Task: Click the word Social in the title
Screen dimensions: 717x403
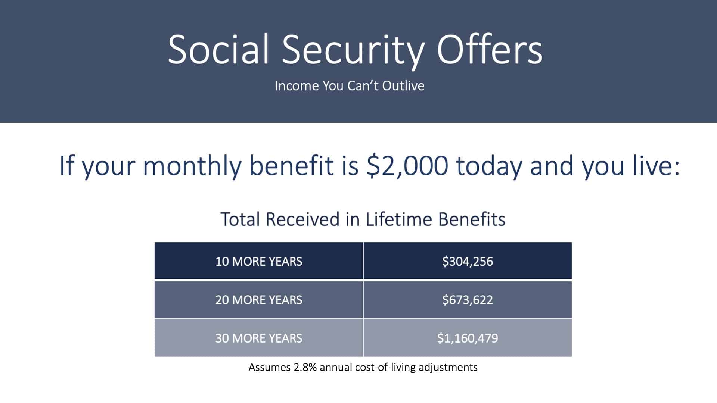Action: coord(218,50)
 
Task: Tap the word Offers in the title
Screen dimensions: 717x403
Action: coord(490,49)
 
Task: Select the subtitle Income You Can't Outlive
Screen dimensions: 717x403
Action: coord(350,86)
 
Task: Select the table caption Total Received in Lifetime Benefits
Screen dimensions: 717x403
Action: coord(363,219)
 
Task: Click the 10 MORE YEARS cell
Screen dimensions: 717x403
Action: coord(259,261)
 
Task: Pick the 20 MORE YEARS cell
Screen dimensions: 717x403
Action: coord(259,300)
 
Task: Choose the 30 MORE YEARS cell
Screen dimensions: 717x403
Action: coord(259,338)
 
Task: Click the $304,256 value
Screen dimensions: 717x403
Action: coord(468,261)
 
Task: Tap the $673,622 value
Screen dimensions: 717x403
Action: coord(468,300)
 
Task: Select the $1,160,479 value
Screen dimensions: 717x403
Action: coord(468,338)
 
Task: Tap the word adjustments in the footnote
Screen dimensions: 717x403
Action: coord(448,368)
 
